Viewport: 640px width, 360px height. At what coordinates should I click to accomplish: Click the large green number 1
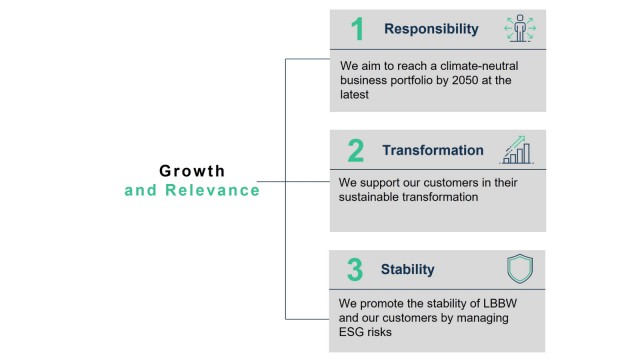click(x=357, y=30)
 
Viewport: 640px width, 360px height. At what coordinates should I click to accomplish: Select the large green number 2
click(x=356, y=151)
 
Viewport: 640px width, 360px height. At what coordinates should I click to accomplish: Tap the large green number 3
click(x=356, y=270)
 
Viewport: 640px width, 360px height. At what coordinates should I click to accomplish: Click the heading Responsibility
click(x=431, y=29)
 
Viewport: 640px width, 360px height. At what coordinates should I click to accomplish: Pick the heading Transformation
click(x=432, y=151)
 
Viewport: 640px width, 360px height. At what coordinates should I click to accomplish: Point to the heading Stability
click(x=407, y=270)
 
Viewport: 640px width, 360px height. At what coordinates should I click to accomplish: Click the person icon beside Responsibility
click(x=519, y=28)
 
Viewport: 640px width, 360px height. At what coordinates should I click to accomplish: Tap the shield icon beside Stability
click(x=520, y=269)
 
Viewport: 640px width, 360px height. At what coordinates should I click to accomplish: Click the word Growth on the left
click(x=192, y=171)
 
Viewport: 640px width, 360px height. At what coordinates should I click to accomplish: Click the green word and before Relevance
click(x=139, y=190)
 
